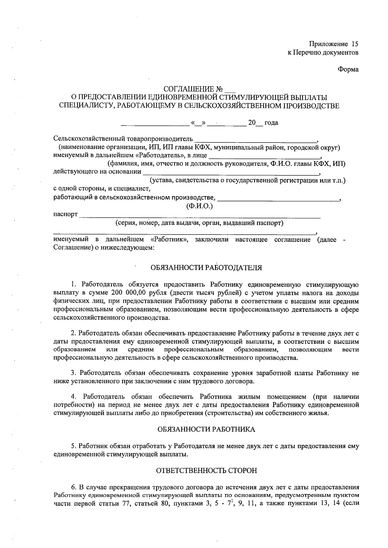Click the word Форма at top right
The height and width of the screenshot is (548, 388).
(348, 69)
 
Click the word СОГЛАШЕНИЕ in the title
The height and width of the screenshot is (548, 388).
(189, 89)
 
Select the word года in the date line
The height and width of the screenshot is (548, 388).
(271, 123)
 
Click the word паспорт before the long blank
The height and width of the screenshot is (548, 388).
(66, 214)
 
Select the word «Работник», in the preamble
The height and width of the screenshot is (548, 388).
(168, 240)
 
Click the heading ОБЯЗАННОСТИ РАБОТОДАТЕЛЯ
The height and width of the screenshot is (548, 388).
(206, 268)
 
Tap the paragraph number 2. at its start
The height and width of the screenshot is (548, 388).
(73, 333)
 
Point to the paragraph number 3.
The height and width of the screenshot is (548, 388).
(73, 373)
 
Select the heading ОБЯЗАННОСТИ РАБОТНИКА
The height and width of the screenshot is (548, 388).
(206, 429)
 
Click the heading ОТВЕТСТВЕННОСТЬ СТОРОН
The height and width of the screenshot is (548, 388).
(207, 470)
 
